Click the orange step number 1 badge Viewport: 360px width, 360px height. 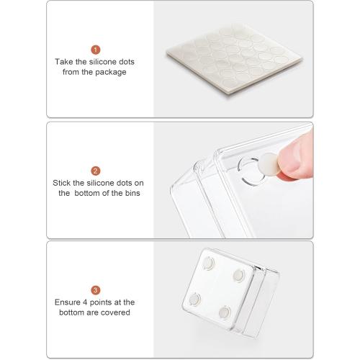pyautogui.click(x=96, y=50)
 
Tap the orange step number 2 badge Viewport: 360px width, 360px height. pyautogui.click(x=96, y=171)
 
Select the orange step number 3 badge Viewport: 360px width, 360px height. pyautogui.click(x=96, y=290)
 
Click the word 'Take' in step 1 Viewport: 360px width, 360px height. pyautogui.click(x=64, y=62)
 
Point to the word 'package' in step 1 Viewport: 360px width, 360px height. pyautogui.click(x=111, y=72)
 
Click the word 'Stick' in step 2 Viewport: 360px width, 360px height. pyautogui.click(x=61, y=183)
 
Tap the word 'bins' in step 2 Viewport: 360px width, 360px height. pyautogui.click(x=132, y=193)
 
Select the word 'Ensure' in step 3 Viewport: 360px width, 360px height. pyautogui.click(x=67, y=302)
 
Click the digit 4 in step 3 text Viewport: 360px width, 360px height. pyautogui.click(x=85, y=302)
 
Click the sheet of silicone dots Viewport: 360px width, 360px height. pyautogui.click(x=234, y=59)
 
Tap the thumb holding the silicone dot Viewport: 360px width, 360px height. pyautogui.click(x=296, y=157)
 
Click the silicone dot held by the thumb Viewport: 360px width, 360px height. pyautogui.click(x=269, y=164)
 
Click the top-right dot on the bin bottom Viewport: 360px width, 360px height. pyautogui.click(x=239, y=275)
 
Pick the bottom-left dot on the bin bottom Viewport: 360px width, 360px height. pyautogui.click(x=194, y=299)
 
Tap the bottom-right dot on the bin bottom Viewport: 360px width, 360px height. pyautogui.click(x=225, y=312)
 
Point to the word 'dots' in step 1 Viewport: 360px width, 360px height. pyautogui.click(x=127, y=62)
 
